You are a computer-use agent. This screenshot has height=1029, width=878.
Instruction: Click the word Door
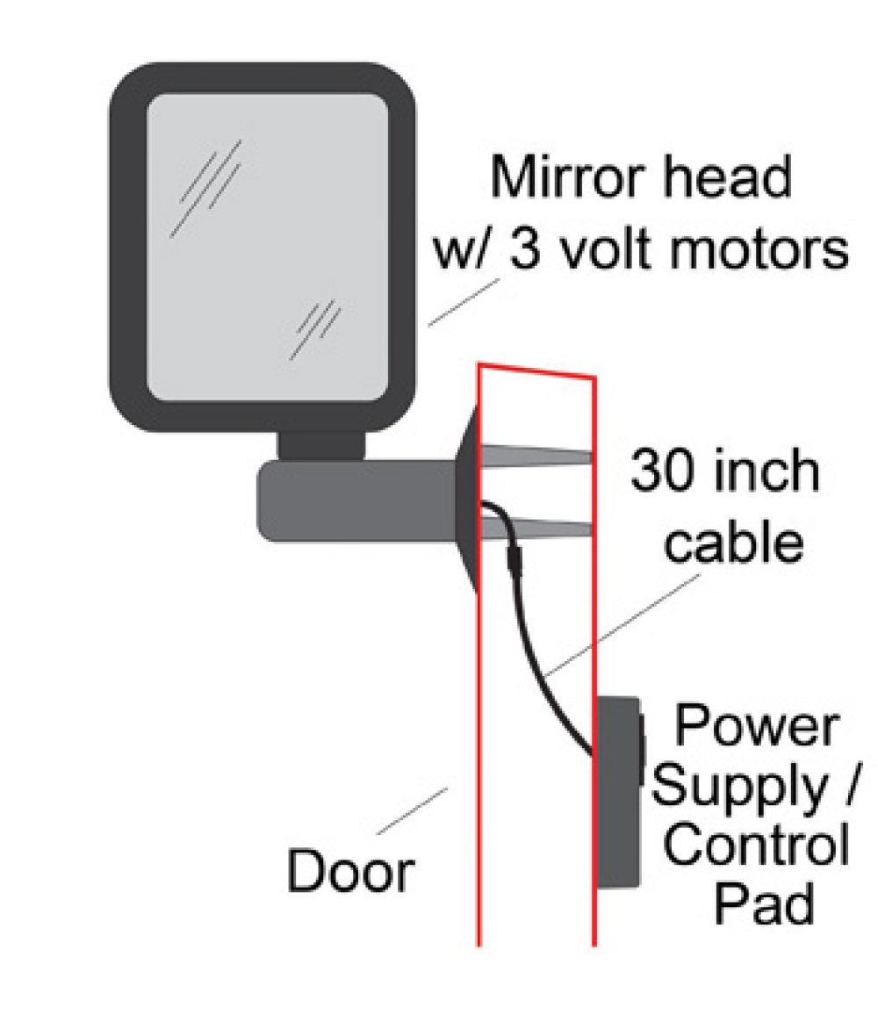350,870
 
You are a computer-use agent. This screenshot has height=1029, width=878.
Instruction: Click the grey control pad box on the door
617,792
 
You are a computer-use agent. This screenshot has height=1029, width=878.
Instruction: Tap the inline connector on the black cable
514,561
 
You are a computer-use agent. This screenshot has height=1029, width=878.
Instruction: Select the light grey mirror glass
267,247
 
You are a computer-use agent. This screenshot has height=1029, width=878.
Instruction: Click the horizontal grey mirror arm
357,500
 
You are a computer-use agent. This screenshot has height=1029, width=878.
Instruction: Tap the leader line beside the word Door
413,811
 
